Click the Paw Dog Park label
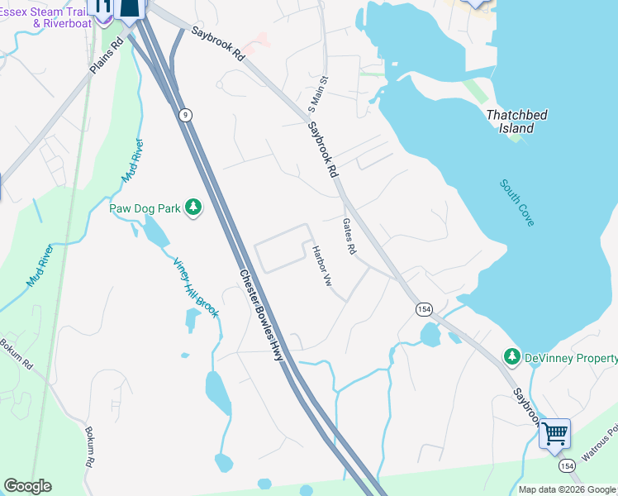[x=145, y=208]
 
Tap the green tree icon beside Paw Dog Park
[x=193, y=207]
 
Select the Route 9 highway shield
[x=186, y=116]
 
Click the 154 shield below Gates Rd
[x=424, y=308]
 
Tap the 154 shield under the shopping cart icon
[x=566, y=466]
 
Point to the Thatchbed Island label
[x=516, y=122]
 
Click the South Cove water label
[x=517, y=203]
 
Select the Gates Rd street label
[x=349, y=236]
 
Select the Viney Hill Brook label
[x=195, y=288]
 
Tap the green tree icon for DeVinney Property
[x=512, y=357]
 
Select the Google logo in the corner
[x=27, y=486]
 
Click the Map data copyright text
[x=567, y=489]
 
